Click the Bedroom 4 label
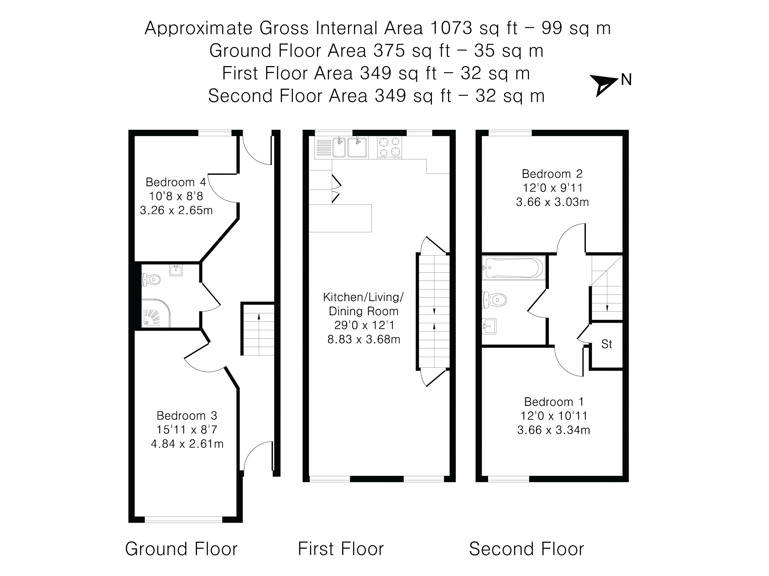tap(176, 182)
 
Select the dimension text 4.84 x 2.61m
tap(187, 444)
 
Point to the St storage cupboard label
tap(607, 344)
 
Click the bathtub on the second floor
tap(513, 268)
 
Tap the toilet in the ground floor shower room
tap(151, 279)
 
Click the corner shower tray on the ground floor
tap(156, 313)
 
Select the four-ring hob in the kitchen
tap(389, 147)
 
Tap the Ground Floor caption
tap(181, 549)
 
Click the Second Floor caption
tap(526, 549)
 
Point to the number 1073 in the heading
tap(451, 28)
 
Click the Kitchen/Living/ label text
tap(363, 297)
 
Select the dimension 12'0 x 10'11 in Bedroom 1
tap(553, 416)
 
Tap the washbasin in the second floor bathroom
tap(489, 326)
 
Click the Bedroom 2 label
tap(552, 174)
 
